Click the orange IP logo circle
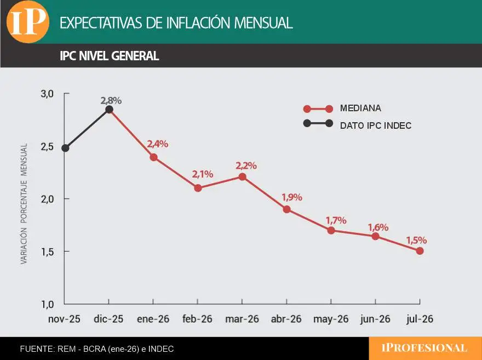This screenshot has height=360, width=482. click(27, 21)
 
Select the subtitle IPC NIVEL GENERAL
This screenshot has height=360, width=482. click(110, 56)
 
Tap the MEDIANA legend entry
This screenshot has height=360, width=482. click(360, 108)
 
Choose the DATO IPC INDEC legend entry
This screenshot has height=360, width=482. click(375, 125)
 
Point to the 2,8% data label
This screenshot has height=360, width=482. click(111, 100)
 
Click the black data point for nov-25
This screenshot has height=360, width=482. click(65, 148)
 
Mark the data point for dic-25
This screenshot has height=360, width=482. click(109, 110)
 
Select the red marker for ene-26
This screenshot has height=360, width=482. click(153, 157)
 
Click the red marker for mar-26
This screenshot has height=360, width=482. click(242, 176)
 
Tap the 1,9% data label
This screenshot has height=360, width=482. click(291, 198)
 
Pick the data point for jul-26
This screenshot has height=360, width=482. click(420, 251)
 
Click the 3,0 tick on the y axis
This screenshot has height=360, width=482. click(47, 94)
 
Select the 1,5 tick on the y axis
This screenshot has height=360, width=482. click(47, 252)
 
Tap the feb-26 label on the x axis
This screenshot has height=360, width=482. click(198, 319)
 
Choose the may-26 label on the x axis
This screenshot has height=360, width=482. click(331, 319)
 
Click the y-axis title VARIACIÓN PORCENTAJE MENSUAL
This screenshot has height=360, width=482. click(24, 204)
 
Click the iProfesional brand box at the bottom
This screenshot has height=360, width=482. click(424, 348)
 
